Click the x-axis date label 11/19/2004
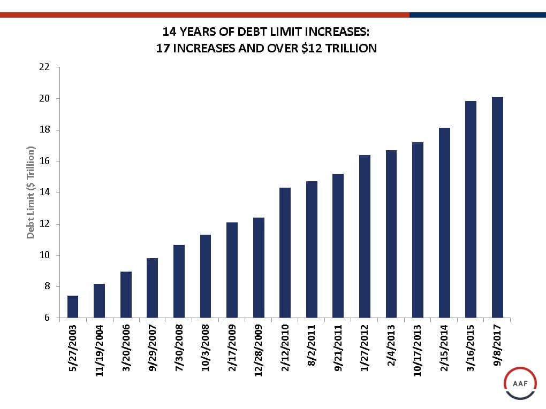pos(100,350)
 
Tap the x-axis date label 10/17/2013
pos(418,350)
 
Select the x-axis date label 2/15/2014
pos(444,348)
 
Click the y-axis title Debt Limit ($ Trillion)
pos(31,192)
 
